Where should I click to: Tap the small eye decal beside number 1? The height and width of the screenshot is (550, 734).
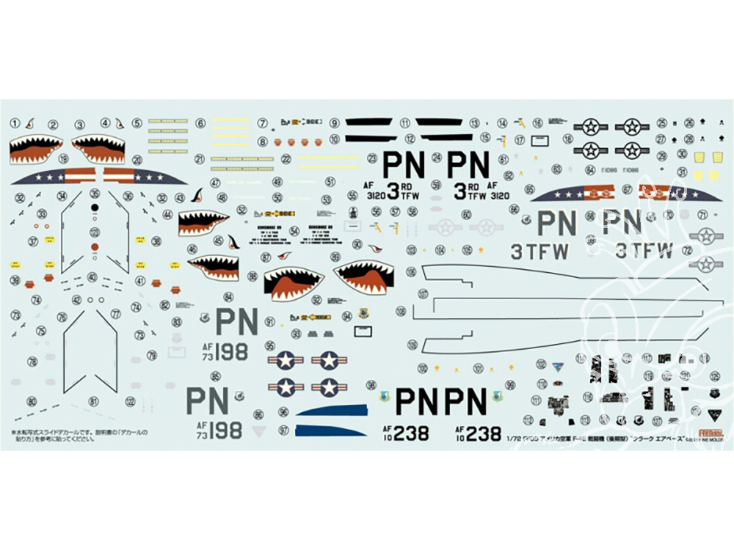pyautogui.click(x=29, y=123)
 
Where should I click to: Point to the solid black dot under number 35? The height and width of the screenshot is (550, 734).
pyautogui.click(x=95, y=208)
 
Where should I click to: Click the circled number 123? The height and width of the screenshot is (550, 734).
pyautogui.click(x=130, y=400)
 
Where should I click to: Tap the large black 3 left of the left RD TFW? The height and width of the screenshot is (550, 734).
pyautogui.click(x=393, y=191)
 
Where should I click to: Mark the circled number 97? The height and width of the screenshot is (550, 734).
pyautogui.click(x=284, y=430)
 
